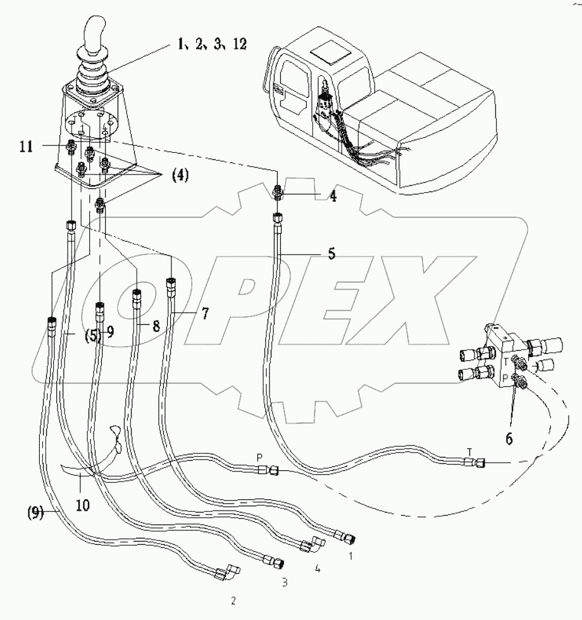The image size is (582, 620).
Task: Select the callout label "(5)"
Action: point(91,335)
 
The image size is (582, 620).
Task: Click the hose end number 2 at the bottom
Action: point(233,601)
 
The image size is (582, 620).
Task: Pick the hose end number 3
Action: point(284,581)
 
